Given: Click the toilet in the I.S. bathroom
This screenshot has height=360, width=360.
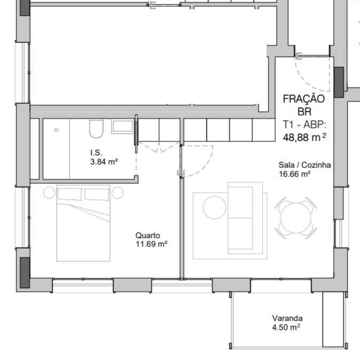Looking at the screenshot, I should tap(97, 128).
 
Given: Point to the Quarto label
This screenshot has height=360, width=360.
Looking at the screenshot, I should tap(147, 235).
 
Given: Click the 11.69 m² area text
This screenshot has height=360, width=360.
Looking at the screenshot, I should tap(152, 244).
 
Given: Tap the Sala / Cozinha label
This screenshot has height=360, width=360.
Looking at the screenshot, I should tap(304, 165).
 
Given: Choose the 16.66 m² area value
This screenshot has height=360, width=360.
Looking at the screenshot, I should tap(295, 174).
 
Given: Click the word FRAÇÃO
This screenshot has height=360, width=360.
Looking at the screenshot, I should tap(303, 99).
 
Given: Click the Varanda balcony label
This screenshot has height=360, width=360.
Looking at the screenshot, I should tap(287, 318).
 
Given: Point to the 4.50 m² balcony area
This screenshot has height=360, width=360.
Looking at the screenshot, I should tap(286, 327).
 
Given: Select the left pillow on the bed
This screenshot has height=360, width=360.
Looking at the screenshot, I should tap(70, 194).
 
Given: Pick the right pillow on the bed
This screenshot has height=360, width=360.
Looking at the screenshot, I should tap(97, 194).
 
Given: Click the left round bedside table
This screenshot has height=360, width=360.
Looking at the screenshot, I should tap(49, 192).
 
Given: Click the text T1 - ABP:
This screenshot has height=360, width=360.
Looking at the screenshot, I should tap(304, 125).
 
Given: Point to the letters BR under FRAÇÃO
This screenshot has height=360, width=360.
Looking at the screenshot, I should tap(304, 112).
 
